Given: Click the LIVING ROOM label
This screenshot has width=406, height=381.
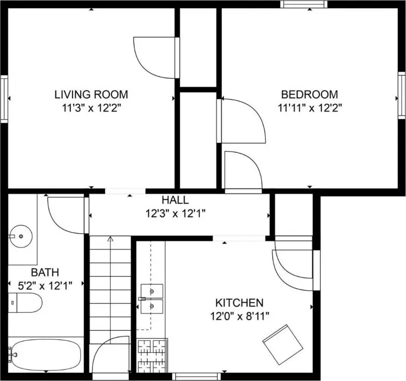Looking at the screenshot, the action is pos(91,94).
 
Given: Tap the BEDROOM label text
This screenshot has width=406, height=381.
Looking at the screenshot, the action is pos(309,94).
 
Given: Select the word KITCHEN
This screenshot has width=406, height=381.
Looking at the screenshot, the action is pos(239,303).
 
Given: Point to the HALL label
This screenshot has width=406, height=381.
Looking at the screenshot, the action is pos(175,200).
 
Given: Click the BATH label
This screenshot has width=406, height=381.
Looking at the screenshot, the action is pos(45,272).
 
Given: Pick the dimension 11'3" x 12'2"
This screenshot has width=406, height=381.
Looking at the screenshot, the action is pos(91,108).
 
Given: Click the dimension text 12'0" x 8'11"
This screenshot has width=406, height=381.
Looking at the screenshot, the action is pos(239,316).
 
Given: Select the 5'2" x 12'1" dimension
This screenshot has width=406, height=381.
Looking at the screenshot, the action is pos(45,286).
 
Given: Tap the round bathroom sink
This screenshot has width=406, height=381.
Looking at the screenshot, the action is pos(21,236).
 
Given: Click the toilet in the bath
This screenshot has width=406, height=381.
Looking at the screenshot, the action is pos(25,303).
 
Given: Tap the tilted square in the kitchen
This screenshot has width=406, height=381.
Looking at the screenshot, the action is pos(283,345).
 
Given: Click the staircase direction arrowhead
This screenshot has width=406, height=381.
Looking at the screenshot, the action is pos(111,239).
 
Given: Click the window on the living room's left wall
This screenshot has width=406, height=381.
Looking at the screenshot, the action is pos(4,99).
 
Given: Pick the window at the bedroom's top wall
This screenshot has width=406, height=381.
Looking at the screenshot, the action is pos(304,4).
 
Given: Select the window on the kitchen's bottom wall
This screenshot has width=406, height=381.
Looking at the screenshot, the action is pos(196,377).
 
